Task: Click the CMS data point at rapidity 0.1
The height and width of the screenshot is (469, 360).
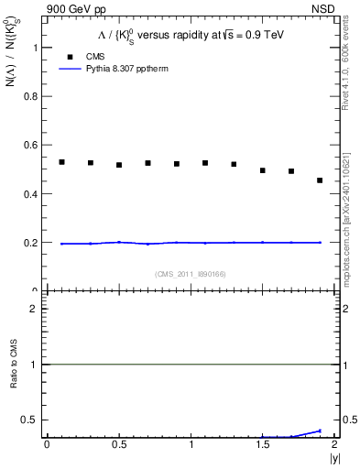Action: [x=61, y=162]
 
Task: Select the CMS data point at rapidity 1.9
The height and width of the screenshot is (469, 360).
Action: [x=320, y=180]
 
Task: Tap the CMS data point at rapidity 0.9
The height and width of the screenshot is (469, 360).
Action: [x=177, y=164]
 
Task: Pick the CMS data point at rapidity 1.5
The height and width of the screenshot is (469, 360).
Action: [x=263, y=170]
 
